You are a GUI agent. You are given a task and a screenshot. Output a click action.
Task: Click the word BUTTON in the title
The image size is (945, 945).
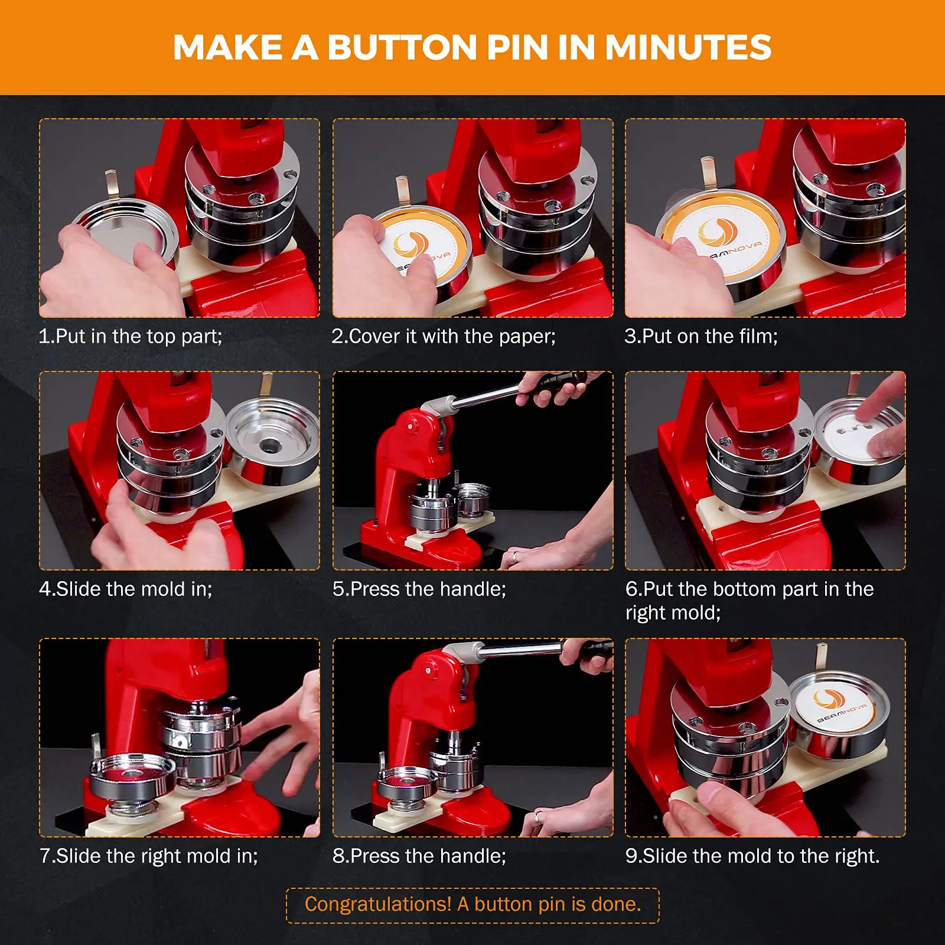pos(402,47)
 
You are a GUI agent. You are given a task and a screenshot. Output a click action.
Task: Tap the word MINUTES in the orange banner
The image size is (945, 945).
pos(688,47)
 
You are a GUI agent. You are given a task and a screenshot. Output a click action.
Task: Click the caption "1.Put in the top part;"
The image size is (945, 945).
pos(131,336)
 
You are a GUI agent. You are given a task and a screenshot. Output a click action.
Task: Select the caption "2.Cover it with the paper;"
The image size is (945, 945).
pos(444,336)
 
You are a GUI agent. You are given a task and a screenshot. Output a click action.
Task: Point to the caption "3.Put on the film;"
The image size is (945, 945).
pos(701,336)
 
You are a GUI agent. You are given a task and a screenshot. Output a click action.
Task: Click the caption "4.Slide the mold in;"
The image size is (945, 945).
pos(126,589)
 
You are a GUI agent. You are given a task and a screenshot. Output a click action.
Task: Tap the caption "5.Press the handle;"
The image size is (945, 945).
pos(419,589)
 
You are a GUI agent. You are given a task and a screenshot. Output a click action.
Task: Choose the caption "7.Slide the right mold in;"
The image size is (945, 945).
pos(149,856)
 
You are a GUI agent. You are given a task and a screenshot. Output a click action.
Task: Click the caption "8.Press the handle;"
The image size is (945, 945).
pos(419,856)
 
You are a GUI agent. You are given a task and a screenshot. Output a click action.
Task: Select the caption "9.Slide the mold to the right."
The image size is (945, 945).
pos(752,856)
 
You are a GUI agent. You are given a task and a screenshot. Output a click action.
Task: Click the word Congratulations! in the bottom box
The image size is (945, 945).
pos(378,904)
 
